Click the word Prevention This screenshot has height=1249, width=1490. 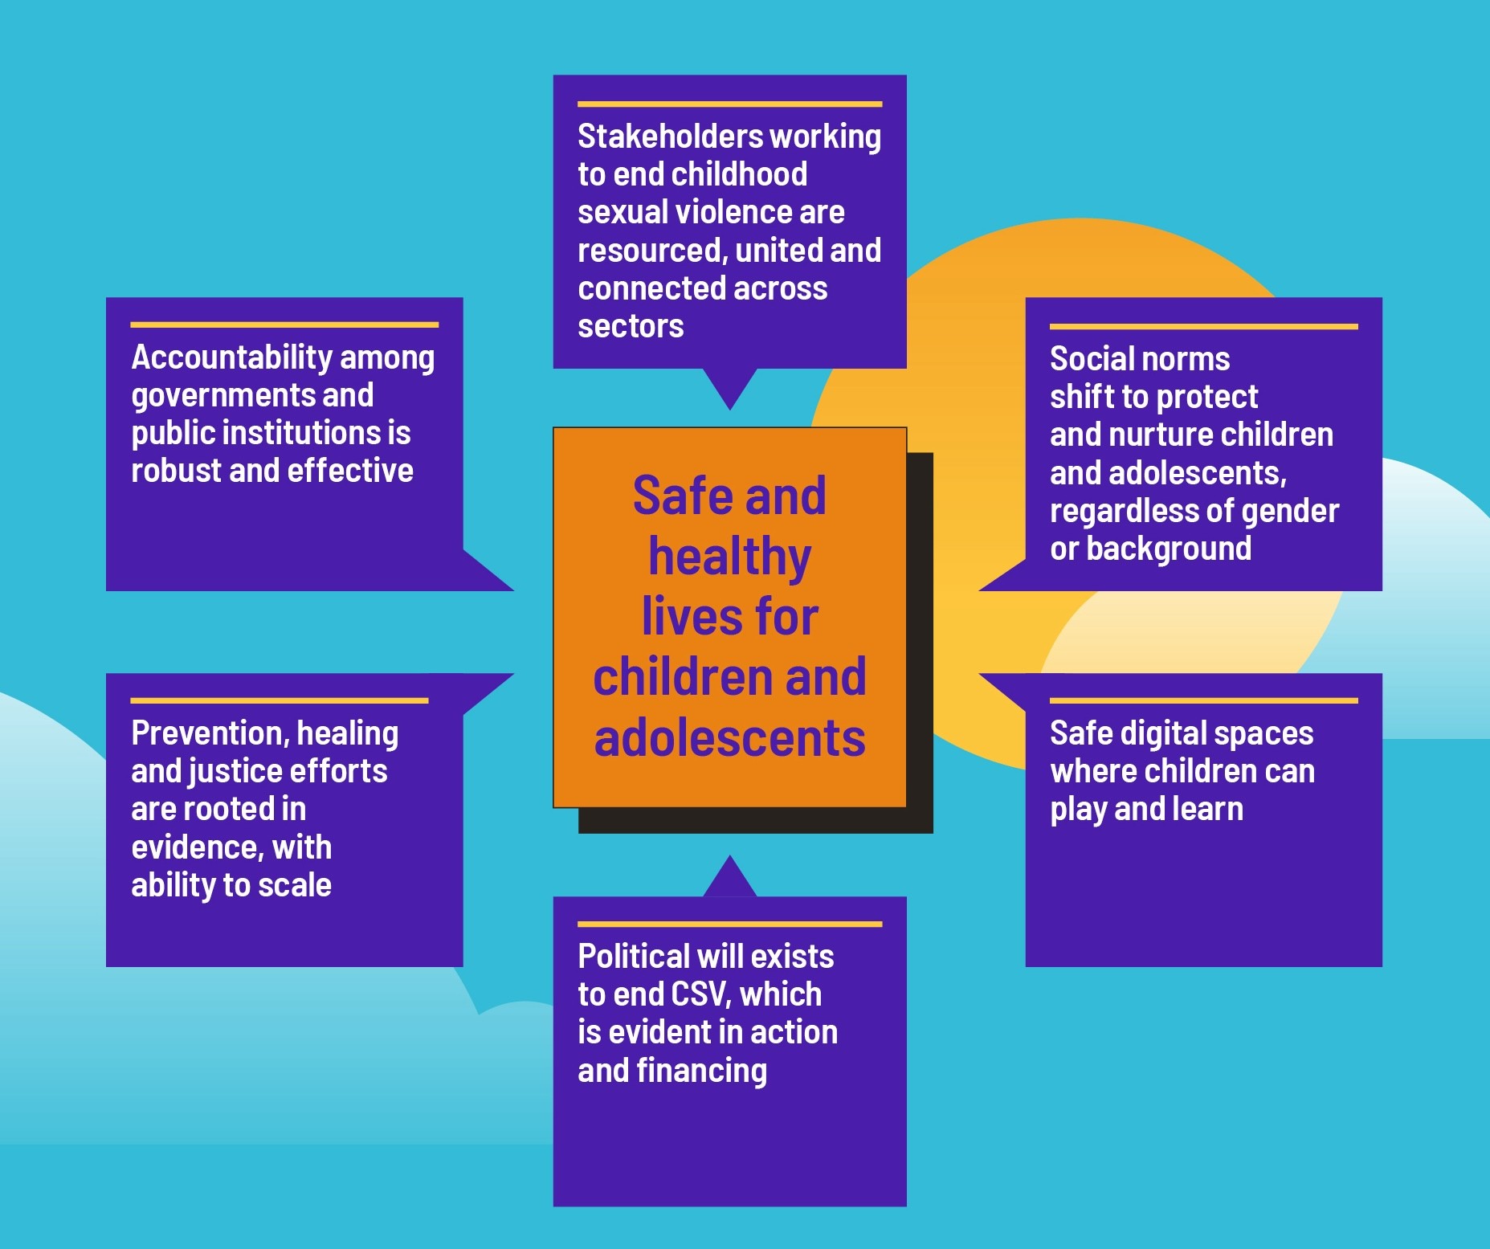tap(209, 733)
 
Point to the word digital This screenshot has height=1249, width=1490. tap(1165, 733)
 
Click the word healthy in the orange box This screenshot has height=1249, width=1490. tap(729, 557)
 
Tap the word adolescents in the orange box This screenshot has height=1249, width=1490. tap(729, 738)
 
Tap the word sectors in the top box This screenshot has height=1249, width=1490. tap(631, 326)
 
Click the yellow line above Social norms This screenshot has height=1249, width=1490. tap(1203, 327)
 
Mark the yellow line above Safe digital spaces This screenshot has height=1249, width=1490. tap(1203, 700)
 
